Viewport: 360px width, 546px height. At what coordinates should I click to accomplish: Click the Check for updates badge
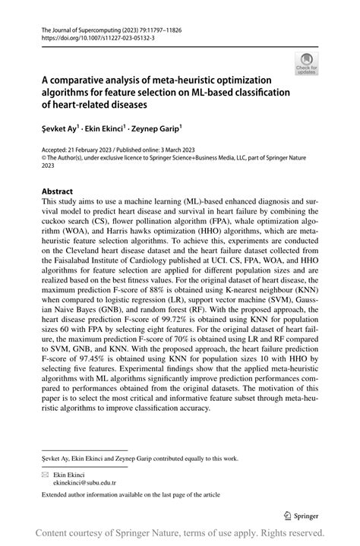[x=307, y=65]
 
